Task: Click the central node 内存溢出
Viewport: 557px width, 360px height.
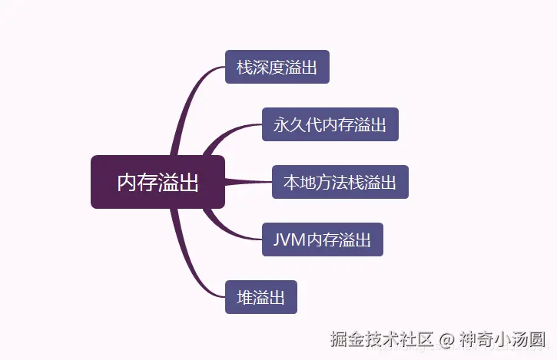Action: click(x=157, y=182)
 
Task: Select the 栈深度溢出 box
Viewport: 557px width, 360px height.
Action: click(x=277, y=67)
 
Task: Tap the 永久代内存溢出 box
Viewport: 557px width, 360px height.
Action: click(x=330, y=124)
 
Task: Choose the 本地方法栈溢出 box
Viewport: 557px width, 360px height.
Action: click(x=340, y=182)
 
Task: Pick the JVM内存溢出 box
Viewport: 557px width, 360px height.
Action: click(x=322, y=239)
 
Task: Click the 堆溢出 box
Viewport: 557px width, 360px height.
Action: click(x=260, y=297)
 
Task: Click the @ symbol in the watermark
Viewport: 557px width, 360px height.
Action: click(x=446, y=339)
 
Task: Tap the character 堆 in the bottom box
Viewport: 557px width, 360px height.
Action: click(x=245, y=297)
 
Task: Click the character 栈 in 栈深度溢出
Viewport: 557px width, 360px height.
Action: click(x=245, y=67)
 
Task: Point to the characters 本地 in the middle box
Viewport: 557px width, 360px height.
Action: click(x=300, y=182)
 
